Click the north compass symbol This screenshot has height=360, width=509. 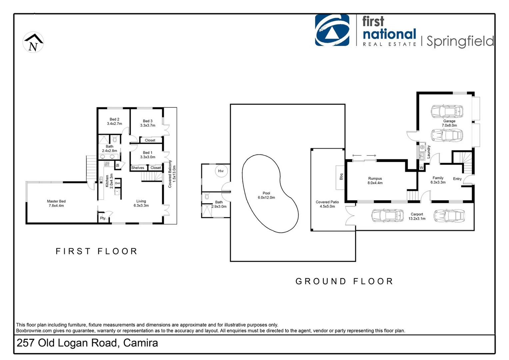[33, 42]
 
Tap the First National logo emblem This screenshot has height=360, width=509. [332, 30]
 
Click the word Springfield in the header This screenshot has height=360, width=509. [460, 41]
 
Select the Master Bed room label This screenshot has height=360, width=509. [56, 203]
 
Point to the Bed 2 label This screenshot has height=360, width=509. [114, 121]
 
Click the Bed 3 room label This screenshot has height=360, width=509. [148, 123]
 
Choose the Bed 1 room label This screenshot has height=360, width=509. [147, 155]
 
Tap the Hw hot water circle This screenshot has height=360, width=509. [221, 171]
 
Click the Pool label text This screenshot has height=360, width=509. [266, 195]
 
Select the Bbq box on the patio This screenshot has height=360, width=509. [340, 176]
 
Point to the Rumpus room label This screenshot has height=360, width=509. [375, 181]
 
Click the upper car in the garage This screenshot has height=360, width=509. [447, 111]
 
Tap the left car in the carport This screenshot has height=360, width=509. [387, 216]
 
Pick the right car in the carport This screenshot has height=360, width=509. [449, 216]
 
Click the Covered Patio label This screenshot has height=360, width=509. [327, 204]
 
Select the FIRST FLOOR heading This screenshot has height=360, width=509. [97, 251]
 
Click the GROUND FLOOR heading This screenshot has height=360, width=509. [344, 281]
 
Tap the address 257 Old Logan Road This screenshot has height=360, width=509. [87, 343]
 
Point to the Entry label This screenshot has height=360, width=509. [457, 179]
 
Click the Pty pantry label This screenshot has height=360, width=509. [103, 218]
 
